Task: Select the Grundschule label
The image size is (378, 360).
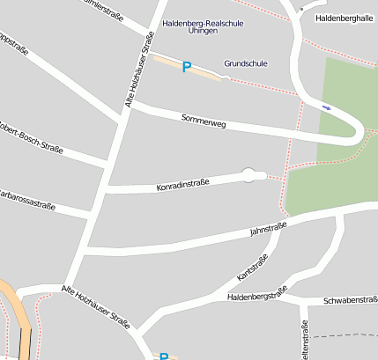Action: pyautogui.click(x=245, y=63)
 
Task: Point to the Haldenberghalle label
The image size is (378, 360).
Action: pyautogui.click(x=344, y=18)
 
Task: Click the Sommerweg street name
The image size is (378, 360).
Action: pyautogui.click(x=204, y=121)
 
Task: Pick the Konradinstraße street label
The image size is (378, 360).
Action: pyautogui.click(x=182, y=185)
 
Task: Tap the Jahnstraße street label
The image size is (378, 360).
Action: pyautogui.click(x=269, y=230)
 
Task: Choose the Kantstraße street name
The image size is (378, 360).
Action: pyautogui.click(x=252, y=268)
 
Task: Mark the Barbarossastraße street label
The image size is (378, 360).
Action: pyautogui.click(x=26, y=199)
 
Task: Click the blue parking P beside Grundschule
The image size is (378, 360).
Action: pyautogui.click(x=186, y=67)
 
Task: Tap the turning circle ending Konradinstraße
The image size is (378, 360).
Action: pyautogui.click(x=249, y=175)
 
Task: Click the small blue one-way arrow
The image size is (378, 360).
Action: pyautogui.click(x=327, y=107)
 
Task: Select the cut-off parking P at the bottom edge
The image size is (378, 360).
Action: pyautogui.click(x=164, y=356)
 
